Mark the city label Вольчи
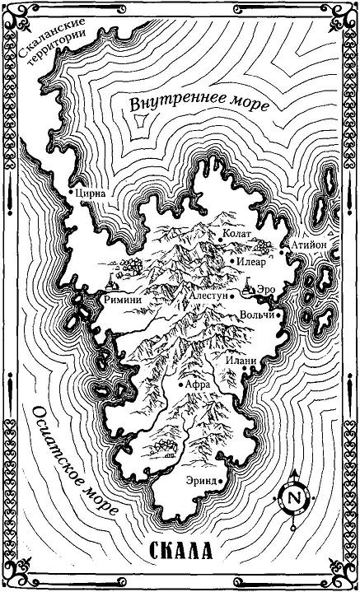[x=257, y=315]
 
